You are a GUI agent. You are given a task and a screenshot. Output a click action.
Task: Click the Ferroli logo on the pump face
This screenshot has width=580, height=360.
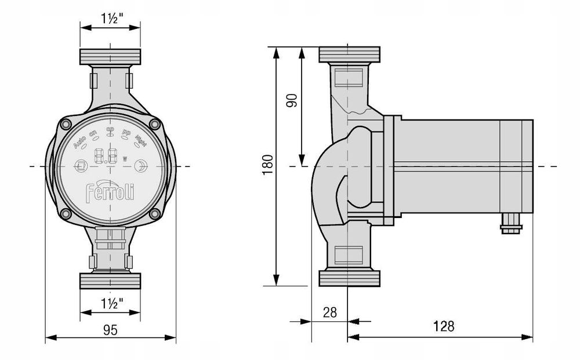tap(110, 192)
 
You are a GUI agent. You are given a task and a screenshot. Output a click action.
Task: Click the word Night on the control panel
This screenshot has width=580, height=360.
tap(141, 140)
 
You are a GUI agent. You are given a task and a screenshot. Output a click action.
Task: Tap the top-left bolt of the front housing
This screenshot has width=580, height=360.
tap(66, 123)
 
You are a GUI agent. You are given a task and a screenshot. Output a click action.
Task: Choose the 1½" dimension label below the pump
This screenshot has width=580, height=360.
tap(110, 302)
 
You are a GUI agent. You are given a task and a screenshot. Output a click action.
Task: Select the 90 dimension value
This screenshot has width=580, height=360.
tap(292, 99)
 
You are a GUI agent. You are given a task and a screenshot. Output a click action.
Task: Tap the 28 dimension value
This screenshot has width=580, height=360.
tap(329, 312)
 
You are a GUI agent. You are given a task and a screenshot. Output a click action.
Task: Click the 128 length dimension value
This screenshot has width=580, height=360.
tap(444, 326)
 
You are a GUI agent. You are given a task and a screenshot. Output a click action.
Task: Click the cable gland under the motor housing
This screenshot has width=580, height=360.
tap(509, 223)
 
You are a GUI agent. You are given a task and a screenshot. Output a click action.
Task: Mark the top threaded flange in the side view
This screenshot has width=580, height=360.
tap(350, 54)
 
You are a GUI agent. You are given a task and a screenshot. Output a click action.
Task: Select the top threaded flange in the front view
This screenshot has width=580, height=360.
tap(110, 57)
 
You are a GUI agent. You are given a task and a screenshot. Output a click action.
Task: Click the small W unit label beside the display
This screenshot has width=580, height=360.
tap(125, 159)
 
